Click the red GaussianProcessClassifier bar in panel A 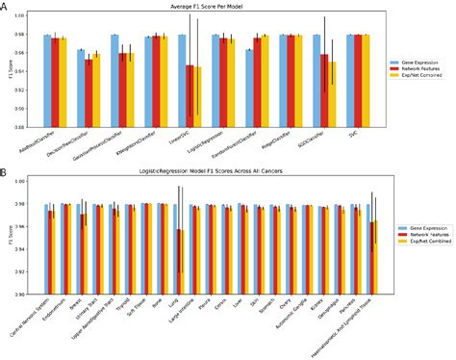tap(122, 90)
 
